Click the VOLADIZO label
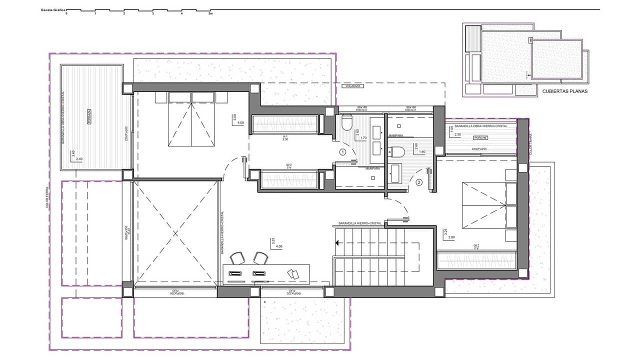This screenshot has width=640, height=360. tap(352, 86)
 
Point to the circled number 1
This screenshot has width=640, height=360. tap(342, 151)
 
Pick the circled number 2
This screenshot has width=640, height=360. tap(419, 182)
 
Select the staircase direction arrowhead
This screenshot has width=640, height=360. tap(338, 243)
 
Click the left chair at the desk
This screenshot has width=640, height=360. tap(236, 258)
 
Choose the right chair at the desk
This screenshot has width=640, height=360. tap(259, 257)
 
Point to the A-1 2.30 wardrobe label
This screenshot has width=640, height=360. tap(285, 138)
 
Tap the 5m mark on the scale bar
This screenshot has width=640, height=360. tap(210, 14)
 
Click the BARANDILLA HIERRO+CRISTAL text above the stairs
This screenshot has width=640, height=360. tap(360, 223)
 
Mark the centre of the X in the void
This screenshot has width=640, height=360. tap(175, 233)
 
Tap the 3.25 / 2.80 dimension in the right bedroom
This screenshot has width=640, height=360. tap(448, 234)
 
